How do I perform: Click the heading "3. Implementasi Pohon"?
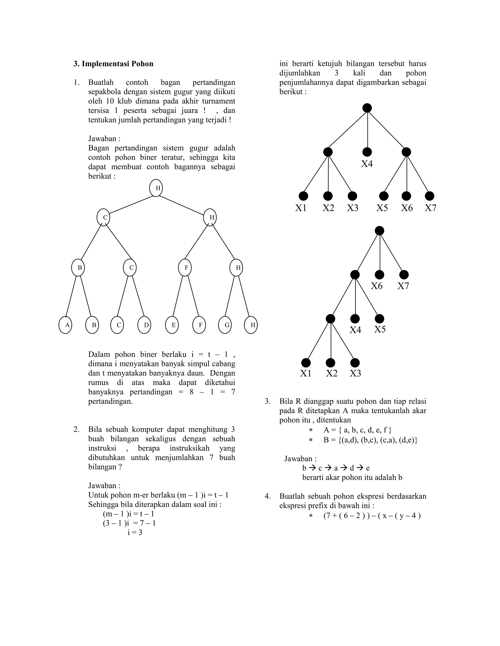(x=114, y=64)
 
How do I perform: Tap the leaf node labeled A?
(x=65, y=325)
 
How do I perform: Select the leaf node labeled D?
(x=144, y=325)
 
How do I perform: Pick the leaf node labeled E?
(x=172, y=325)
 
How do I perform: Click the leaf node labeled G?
(x=225, y=325)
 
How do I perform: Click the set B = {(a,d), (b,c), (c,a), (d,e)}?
(x=370, y=440)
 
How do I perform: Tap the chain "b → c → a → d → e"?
(x=336, y=468)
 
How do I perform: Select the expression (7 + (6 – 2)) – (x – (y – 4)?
(x=372, y=516)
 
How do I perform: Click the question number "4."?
(x=268, y=496)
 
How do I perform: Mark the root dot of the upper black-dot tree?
(x=367, y=108)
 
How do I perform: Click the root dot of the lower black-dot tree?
(x=379, y=231)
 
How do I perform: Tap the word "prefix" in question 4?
(x=318, y=506)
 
